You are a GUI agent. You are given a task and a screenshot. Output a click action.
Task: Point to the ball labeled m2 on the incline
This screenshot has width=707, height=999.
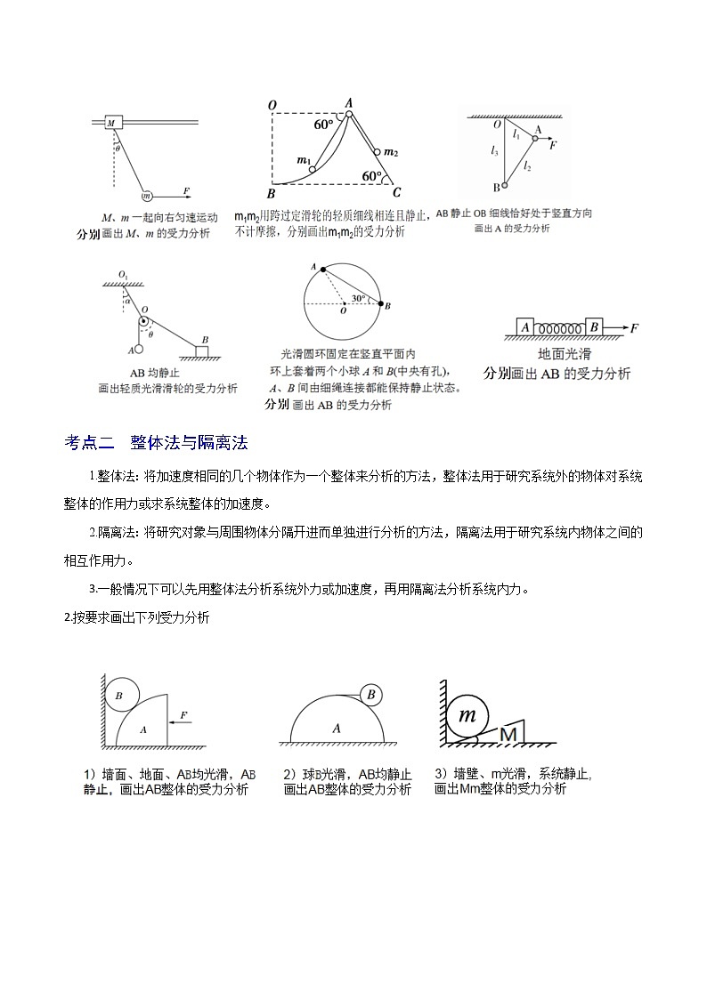[378, 152]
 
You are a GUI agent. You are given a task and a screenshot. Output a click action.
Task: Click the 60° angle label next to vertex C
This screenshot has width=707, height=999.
[371, 176]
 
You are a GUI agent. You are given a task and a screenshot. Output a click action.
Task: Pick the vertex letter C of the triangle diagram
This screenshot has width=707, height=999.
[397, 193]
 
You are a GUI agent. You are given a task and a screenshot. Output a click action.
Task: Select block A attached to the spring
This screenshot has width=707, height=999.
[525, 327]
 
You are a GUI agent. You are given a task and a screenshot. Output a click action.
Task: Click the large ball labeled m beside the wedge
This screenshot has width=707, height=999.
[467, 716]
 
